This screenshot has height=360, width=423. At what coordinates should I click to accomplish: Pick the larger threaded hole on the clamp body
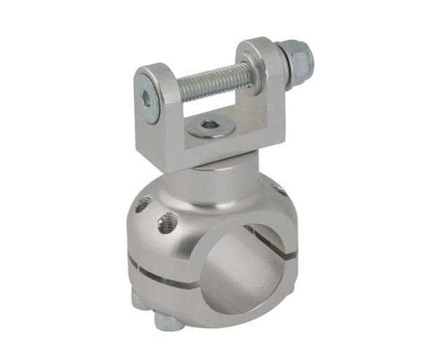tap(167, 223)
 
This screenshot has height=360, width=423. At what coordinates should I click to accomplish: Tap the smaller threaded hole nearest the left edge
tap(143, 206)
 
